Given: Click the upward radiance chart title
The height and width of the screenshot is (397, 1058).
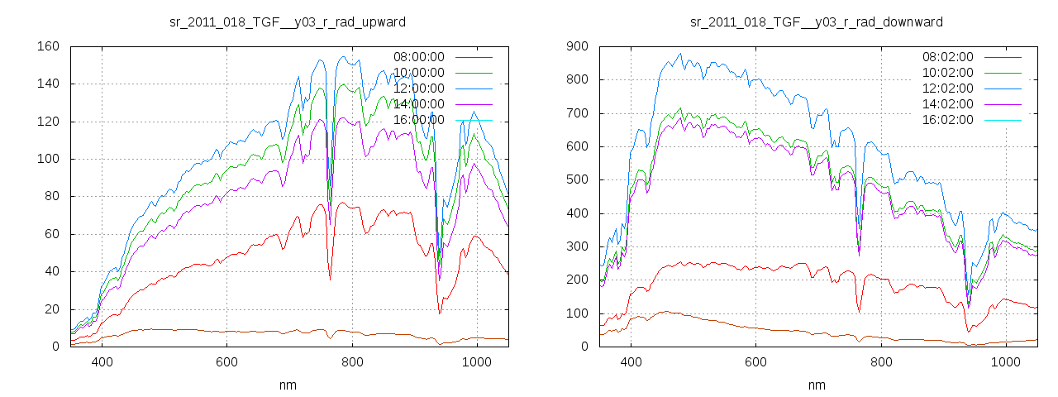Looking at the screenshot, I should [x=287, y=22].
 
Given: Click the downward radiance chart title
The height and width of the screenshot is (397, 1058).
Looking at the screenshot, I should [x=816, y=22].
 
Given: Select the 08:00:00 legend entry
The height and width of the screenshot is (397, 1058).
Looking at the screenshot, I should [x=418, y=57].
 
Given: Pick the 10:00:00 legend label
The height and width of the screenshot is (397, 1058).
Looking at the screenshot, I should [x=418, y=73].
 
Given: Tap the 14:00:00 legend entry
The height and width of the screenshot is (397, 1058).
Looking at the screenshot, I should [x=418, y=104].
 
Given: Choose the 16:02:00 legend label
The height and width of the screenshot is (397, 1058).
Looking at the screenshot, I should [x=947, y=120].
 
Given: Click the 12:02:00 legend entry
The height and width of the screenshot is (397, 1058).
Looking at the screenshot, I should [x=947, y=88].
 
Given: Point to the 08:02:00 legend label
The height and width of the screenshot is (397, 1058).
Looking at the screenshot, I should [x=947, y=57].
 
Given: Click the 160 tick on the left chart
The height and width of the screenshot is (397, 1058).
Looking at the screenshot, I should [x=48, y=46].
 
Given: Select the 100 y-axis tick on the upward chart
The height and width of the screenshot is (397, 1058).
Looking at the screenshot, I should [x=48, y=159].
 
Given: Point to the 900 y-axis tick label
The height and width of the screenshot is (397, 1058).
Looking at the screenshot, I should [x=577, y=46].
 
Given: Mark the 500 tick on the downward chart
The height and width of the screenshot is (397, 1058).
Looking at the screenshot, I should [x=577, y=180].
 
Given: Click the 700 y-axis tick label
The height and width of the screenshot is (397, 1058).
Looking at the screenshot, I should [x=577, y=113].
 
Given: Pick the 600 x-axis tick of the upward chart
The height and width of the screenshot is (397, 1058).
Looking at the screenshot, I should [x=227, y=362].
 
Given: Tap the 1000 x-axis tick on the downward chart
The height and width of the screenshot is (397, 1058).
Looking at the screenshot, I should [x=1006, y=362].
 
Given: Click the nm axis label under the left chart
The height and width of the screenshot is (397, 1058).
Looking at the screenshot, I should [x=288, y=385].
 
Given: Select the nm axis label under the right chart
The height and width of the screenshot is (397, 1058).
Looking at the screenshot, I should [x=817, y=385].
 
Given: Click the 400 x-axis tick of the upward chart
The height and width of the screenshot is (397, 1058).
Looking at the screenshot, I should [x=102, y=362].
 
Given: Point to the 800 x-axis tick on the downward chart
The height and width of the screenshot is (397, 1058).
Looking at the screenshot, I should [x=881, y=362].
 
